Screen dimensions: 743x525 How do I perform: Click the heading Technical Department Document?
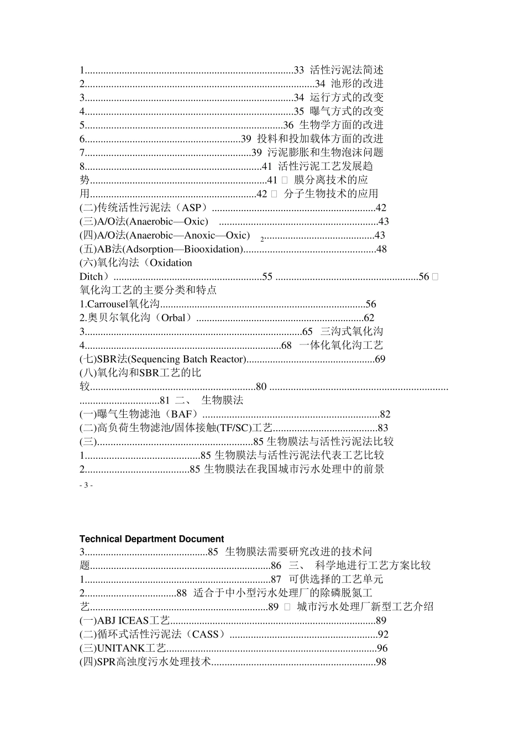pyautogui.click(x=151, y=539)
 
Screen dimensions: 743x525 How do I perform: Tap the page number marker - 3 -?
pyautogui.click(x=86, y=485)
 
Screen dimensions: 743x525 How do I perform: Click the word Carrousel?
pyautogui.click(x=108, y=304)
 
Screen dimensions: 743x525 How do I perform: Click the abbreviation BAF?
pyautogui.click(x=181, y=414)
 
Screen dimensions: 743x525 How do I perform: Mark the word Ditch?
pyautogui.click(x=91, y=276)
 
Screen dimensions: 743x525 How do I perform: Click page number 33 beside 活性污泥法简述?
pyautogui.click(x=298, y=70)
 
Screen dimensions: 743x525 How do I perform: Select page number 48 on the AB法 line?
pyautogui.click(x=381, y=249)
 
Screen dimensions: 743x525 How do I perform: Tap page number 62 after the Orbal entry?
pyautogui.click(x=369, y=318)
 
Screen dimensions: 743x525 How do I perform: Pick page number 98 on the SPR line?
pyautogui.click(x=381, y=662)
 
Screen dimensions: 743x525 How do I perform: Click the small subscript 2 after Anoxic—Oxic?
pyautogui.click(x=262, y=238)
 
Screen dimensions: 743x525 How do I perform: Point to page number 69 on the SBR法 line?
pyautogui.click(x=380, y=359)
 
